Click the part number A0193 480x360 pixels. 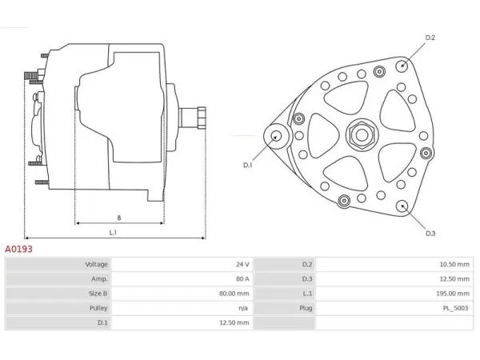coord(18,249)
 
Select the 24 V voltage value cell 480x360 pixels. coord(242,264)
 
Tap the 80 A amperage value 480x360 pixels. coord(242,279)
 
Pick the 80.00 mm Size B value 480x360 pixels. coord(234,294)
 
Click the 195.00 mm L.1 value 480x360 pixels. coord(453,294)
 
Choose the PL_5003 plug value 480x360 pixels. coord(455,308)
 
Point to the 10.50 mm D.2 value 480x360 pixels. coord(454,264)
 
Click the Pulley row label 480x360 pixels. coord(98,308)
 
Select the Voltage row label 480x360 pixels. coord(97,264)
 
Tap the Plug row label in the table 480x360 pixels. coord(306,308)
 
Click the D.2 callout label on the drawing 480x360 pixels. coord(430,38)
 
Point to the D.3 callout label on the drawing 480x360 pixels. coord(430,234)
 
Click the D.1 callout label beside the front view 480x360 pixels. coord(248,165)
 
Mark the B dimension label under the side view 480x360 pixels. coord(119,218)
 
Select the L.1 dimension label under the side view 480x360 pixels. coord(113,233)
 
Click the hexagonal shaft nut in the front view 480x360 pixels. coord(362,134)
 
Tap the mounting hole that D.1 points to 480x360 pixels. coord(277,136)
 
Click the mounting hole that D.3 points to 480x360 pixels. coord(402,206)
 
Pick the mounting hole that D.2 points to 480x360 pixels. coord(402,66)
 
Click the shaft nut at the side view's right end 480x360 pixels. coord(202,118)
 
